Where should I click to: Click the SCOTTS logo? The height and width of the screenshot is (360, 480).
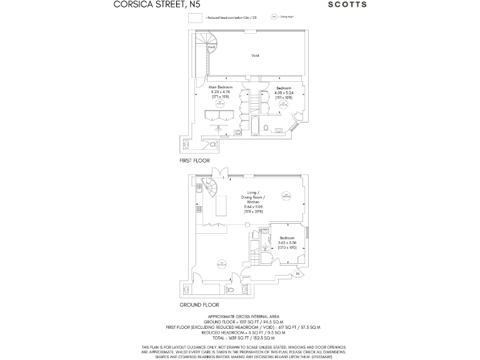(347, 4)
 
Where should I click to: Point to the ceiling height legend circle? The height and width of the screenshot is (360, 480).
(273, 17)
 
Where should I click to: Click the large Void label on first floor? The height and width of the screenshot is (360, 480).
(255, 56)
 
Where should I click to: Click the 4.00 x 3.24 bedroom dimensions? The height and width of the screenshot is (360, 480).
(284, 92)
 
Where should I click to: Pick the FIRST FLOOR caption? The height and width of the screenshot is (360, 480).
(194, 161)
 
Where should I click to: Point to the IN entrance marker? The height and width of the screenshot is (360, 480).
(298, 274)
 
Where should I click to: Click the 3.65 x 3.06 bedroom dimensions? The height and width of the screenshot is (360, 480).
(287, 242)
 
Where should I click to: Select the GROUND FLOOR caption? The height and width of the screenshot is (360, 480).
(199, 304)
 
